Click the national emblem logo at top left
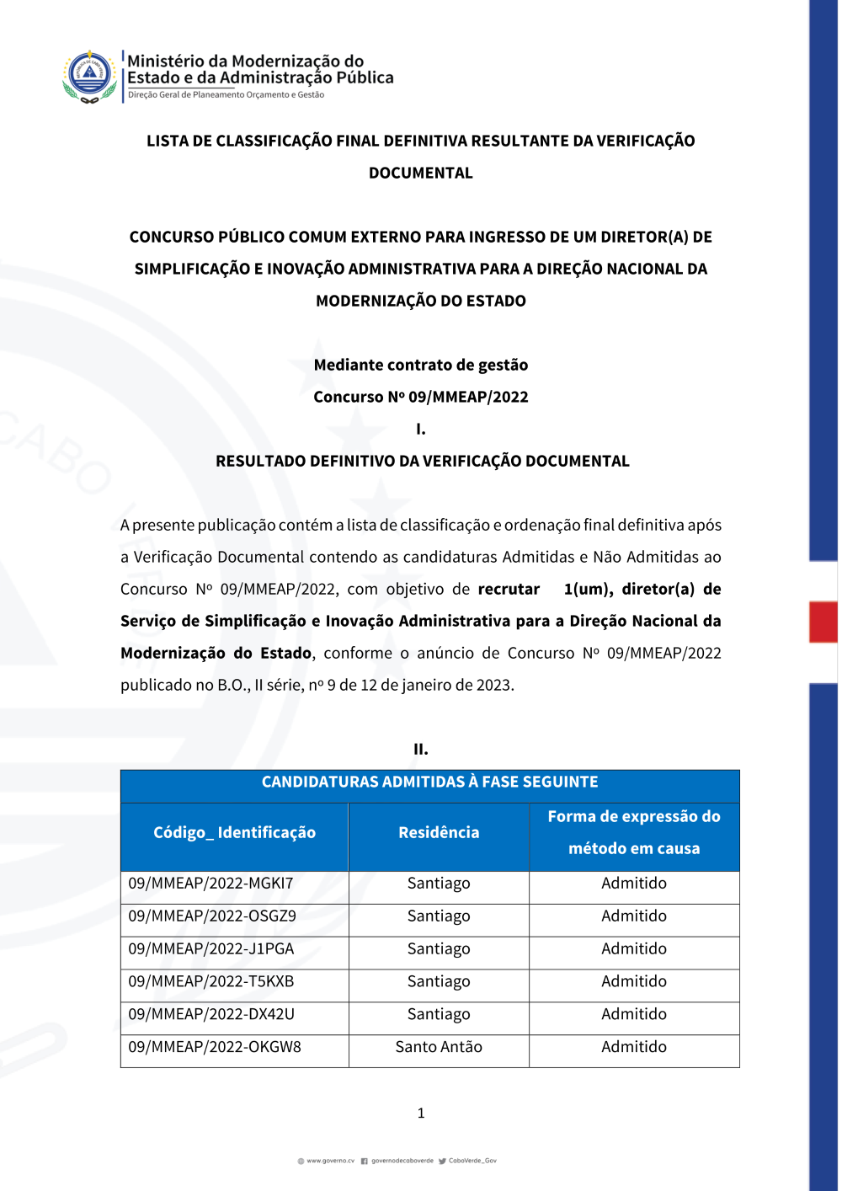[x=89, y=76]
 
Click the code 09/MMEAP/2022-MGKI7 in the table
[x=210, y=884]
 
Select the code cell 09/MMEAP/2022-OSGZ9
[x=212, y=916]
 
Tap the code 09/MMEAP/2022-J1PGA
[x=211, y=949]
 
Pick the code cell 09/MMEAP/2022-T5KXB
[x=211, y=982]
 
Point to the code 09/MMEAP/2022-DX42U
[x=211, y=1015]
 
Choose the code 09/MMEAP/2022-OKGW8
[x=215, y=1048]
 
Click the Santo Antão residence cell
[x=439, y=1048]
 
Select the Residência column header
[x=439, y=833]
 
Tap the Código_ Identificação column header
[x=234, y=833]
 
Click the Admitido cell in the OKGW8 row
[x=634, y=1048]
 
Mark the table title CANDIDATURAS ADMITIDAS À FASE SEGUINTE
[x=429, y=782]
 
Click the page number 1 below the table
[x=421, y=1114]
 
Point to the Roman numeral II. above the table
[x=421, y=750]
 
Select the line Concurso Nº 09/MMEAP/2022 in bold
[x=421, y=398]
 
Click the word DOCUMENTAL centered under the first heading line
[x=421, y=174]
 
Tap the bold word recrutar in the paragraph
[x=509, y=590]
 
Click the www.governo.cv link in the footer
[x=330, y=1161]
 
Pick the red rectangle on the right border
[x=823, y=622]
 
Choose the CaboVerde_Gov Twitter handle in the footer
[x=472, y=1161]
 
